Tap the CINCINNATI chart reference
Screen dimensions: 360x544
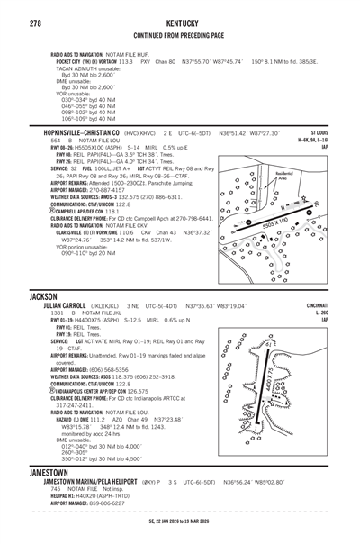(337, 305)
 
